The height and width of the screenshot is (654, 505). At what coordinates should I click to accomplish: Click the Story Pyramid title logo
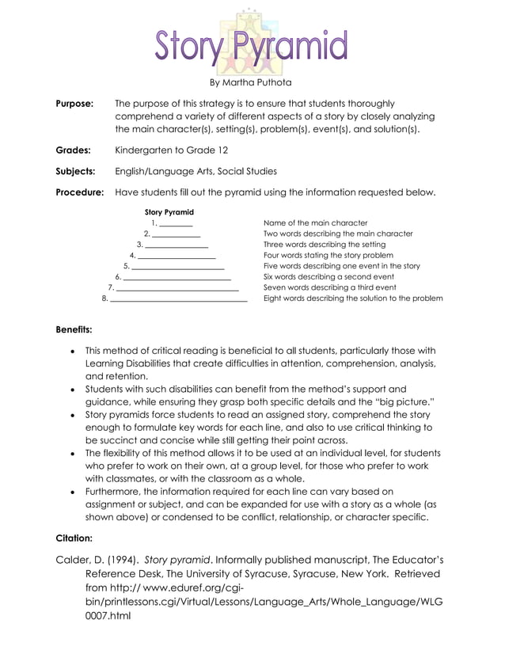tap(250, 44)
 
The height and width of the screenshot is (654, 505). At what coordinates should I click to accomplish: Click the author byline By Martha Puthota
tap(250, 82)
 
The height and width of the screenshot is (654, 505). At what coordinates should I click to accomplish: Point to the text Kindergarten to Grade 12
tap(172, 149)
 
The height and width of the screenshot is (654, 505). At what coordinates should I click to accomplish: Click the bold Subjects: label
tap(75, 170)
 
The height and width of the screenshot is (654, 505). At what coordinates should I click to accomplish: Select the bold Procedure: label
tap(79, 192)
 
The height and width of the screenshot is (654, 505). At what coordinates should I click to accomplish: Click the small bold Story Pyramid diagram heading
tap(169, 212)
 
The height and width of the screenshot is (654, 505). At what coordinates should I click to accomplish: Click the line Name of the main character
tap(315, 223)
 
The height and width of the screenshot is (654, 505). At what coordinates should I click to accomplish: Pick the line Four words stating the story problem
tap(328, 256)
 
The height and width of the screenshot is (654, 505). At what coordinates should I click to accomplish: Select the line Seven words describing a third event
tap(329, 288)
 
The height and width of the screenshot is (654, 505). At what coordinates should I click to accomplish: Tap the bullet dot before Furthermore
tap(72, 492)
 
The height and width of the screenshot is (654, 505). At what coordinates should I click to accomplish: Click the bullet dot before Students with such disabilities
tap(72, 390)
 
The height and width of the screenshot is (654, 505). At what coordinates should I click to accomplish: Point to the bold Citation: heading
tap(74, 538)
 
